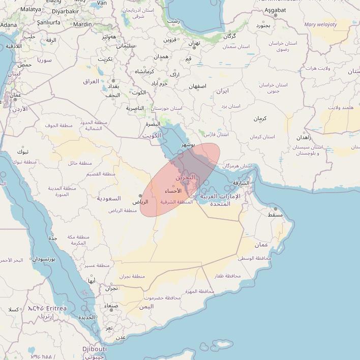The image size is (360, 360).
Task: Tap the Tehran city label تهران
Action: pyautogui.click(x=194, y=43)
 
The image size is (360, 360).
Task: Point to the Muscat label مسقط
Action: pyautogui.click(x=275, y=215)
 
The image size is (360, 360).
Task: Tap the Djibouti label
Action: pyautogui.click(x=95, y=349)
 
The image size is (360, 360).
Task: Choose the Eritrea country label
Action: pyautogui.click(x=56, y=308)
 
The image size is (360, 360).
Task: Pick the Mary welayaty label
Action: pyautogui.click(x=320, y=24)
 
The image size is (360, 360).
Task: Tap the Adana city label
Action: pyautogui.click(x=8, y=24)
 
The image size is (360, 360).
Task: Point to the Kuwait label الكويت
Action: pyautogui.click(x=152, y=136)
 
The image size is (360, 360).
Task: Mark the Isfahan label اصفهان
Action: pyautogui.click(x=198, y=86)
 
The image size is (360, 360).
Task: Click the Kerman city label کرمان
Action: pyautogui.click(x=260, y=118)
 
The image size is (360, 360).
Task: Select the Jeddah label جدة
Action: pyautogui.click(x=53, y=238)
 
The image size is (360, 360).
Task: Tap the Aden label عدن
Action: pyautogui.click(x=121, y=337)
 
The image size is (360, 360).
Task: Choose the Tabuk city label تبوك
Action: pyautogui.click(x=23, y=152)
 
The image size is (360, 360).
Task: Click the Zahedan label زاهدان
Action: pyautogui.click(x=304, y=137)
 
